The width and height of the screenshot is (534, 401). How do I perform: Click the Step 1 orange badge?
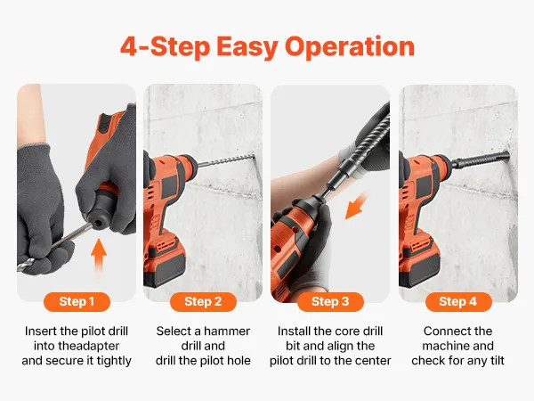tap(77, 302)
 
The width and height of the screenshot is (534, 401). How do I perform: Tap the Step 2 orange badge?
tap(203, 302)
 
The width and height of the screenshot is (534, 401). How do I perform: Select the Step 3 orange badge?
tap(330, 302)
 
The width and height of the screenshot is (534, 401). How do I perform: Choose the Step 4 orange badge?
tap(458, 302)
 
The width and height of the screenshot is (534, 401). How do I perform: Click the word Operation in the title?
tap(350, 47)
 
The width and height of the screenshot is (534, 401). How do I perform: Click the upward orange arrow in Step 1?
tap(99, 254)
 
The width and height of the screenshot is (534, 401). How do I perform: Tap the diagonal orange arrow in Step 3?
tap(356, 207)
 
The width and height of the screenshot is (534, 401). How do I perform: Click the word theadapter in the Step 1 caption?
tap(77, 346)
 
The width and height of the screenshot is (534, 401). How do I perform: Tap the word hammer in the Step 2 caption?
tap(227, 331)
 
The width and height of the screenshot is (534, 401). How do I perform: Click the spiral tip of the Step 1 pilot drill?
tap(25, 265)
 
